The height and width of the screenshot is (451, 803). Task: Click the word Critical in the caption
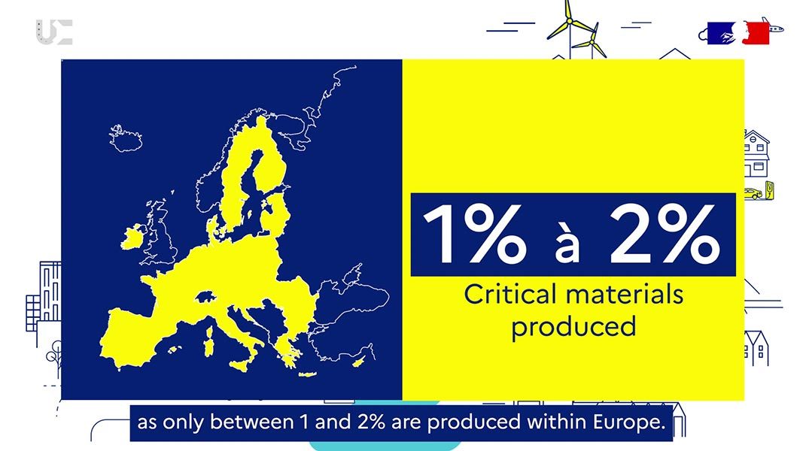(503, 295)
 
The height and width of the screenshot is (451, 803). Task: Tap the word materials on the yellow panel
(617, 295)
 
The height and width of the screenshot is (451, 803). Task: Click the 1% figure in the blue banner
(474, 234)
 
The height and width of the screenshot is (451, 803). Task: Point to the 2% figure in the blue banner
(663, 234)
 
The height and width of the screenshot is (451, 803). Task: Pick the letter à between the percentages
(567, 242)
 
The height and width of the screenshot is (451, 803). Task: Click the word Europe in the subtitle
(629, 422)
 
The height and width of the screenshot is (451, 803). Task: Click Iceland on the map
(126, 138)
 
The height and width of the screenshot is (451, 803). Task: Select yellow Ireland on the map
(132, 238)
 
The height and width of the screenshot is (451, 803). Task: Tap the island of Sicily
(242, 364)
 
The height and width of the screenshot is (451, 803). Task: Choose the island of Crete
(307, 375)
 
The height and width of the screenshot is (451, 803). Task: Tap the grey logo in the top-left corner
(53, 32)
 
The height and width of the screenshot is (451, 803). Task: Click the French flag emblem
(738, 33)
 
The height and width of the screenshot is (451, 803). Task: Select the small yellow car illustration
(753, 194)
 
